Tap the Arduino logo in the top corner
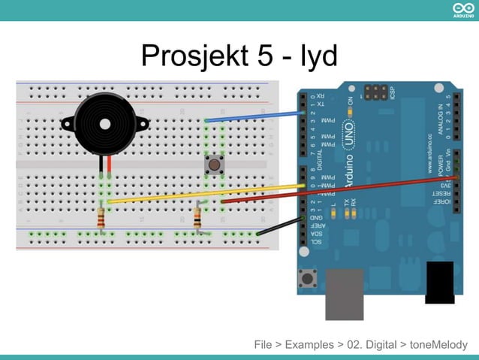click(463, 9)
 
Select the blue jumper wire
click(255, 116)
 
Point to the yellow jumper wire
click(203, 193)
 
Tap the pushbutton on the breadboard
click(215, 164)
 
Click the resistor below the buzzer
click(101, 219)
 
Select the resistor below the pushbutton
click(197, 219)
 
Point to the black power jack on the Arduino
click(439, 282)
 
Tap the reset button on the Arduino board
click(307, 280)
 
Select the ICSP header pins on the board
click(375, 92)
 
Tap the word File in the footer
click(263, 345)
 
